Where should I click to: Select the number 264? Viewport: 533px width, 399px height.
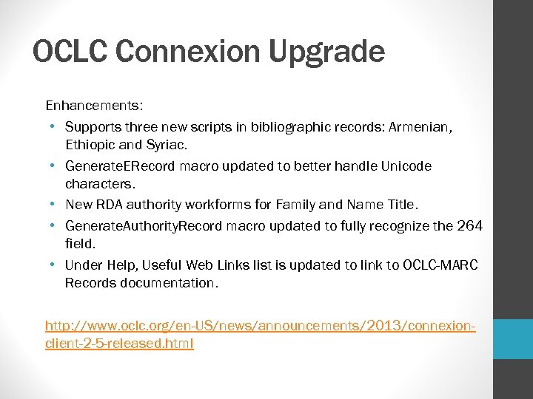(468, 225)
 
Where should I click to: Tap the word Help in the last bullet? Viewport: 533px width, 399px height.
(118, 265)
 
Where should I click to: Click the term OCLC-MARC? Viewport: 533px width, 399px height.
(440, 265)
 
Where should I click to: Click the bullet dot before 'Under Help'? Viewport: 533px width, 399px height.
(54, 265)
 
